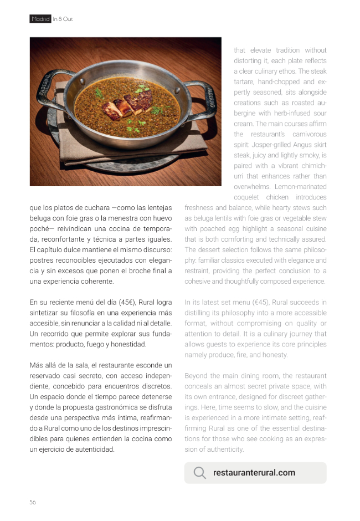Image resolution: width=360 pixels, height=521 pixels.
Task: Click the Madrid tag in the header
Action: pos(40,19)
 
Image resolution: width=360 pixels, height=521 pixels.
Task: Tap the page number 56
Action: pos(33,502)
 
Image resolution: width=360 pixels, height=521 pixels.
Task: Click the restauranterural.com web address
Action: pos(254,473)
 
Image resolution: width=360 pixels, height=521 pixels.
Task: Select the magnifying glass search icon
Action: pos(199,473)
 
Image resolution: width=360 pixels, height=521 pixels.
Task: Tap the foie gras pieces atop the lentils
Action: pos(131,104)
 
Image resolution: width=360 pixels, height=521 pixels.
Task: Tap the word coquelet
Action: pos(248,197)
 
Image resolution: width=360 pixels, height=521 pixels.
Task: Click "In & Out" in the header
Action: pos(63,19)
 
